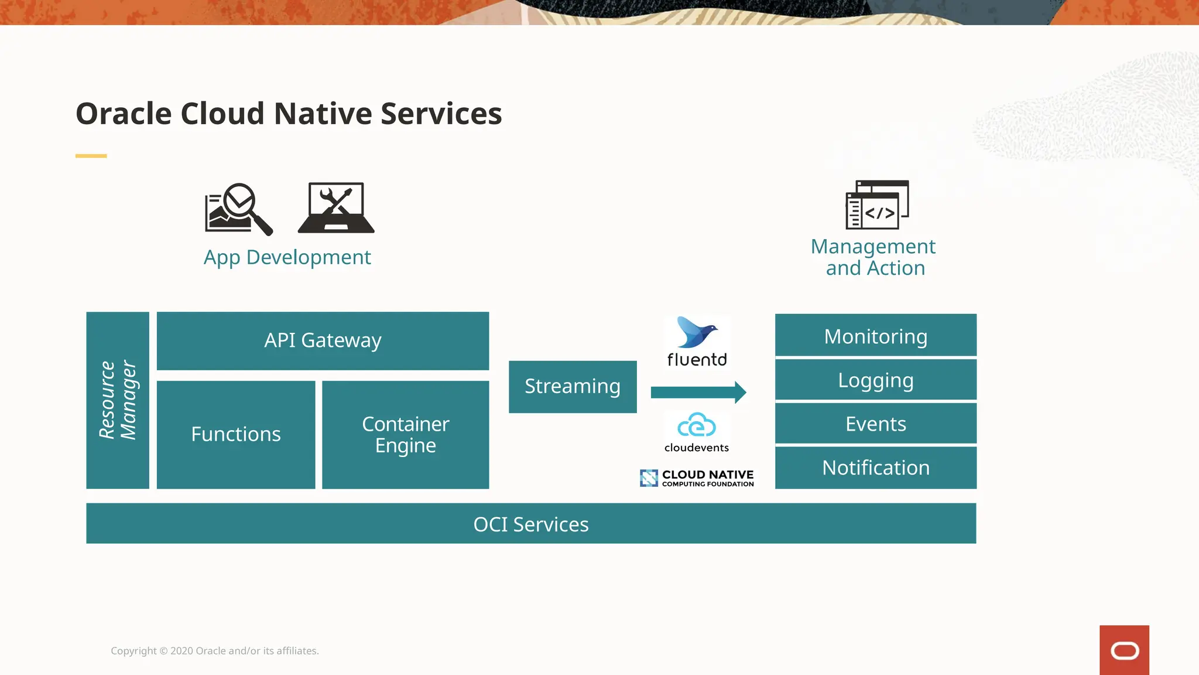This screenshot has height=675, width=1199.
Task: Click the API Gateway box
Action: click(323, 340)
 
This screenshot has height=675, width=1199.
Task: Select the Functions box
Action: click(236, 434)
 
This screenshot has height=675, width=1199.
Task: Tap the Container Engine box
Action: click(405, 434)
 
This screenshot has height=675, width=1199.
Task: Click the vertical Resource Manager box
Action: click(117, 400)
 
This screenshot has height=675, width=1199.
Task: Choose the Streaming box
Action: click(572, 387)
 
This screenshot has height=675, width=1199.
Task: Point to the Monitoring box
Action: click(875, 336)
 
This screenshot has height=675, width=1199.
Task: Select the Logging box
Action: click(875, 380)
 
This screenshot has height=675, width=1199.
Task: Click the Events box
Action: click(875, 424)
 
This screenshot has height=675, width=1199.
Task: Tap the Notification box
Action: click(875, 468)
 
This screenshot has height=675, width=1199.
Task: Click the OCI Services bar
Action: click(530, 524)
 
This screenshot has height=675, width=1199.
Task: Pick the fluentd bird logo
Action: click(697, 333)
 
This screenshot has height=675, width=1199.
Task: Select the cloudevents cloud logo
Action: click(697, 426)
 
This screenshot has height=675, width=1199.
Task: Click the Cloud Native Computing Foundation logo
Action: click(697, 478)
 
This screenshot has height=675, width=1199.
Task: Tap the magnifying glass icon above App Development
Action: click(239, 209)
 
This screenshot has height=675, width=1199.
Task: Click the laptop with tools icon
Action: click(336, 208)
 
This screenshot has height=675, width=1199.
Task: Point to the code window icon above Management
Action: click(876, 204)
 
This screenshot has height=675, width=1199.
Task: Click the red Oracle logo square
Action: click(1123, 650)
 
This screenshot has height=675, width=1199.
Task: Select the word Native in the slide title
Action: click(323, 114)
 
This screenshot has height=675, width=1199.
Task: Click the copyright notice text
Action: click(215, 651)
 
